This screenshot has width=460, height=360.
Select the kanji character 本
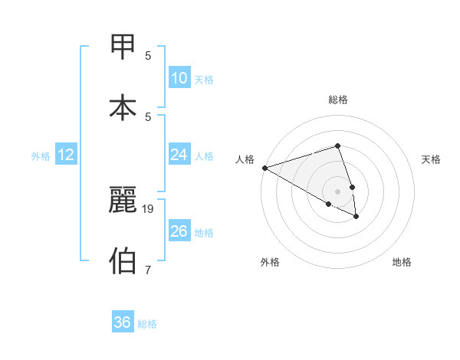click(123, 108)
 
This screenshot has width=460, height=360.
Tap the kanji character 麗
click(123, 200)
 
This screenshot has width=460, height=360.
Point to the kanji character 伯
click(123, 260)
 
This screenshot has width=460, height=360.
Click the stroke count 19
click(148, 208)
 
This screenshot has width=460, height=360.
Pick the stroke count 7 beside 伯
click(148, 270)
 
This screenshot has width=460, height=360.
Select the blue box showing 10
click(179, 78)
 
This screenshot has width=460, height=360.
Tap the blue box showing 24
click(179, 155)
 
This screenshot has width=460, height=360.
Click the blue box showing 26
click(179, 231)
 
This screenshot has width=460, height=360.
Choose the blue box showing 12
click(66, 155)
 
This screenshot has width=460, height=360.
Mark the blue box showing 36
click(123, 322)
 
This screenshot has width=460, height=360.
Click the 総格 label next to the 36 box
click(147, 324)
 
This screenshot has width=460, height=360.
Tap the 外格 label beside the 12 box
click(41, 156)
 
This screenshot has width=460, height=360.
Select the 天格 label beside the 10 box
click(204, 80)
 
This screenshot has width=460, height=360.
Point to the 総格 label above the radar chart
click(338, 100)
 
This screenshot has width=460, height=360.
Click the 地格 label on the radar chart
click(402, 262)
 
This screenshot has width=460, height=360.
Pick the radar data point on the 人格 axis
click(264, 168)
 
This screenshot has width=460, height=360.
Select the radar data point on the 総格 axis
click(337, 146)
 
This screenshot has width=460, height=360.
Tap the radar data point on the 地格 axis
click(356, 217)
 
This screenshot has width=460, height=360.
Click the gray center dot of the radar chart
click(337, 191)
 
